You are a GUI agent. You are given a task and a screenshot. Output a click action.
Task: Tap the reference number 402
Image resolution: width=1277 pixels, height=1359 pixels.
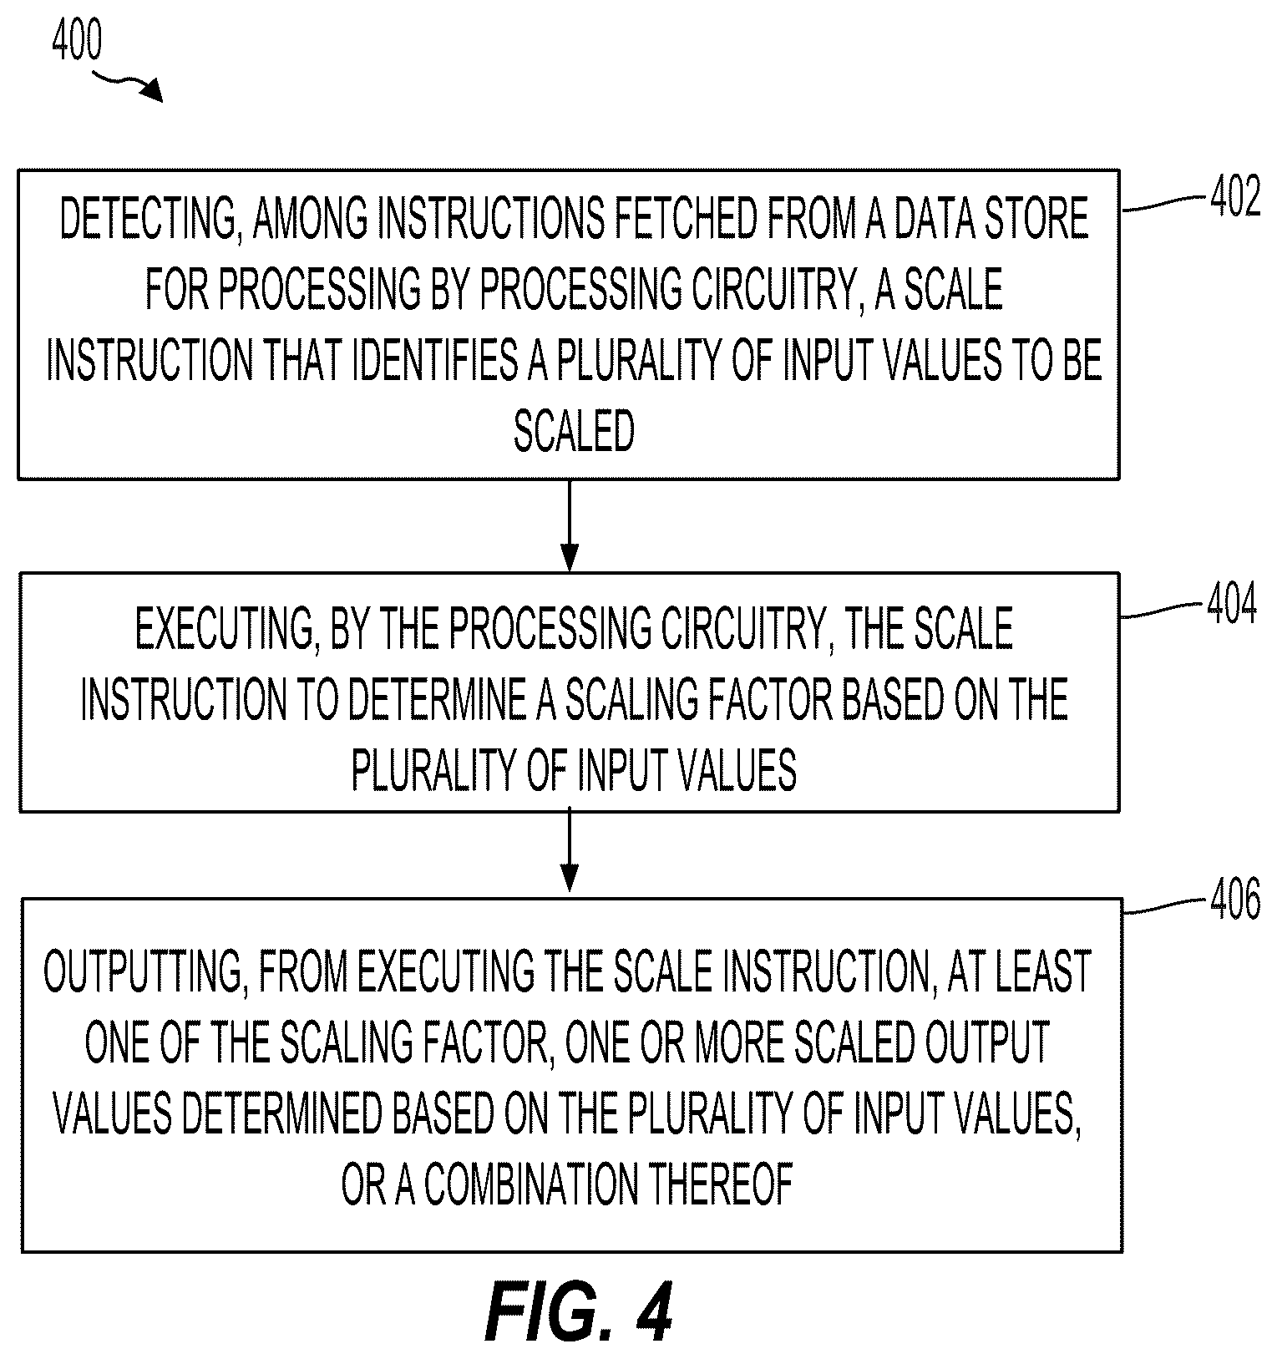tap(1234, 199)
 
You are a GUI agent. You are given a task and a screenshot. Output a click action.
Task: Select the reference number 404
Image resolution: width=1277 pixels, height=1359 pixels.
tap(1231, 605)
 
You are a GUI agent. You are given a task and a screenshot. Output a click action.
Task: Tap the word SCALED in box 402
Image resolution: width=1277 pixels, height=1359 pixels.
tap(574, 432)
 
